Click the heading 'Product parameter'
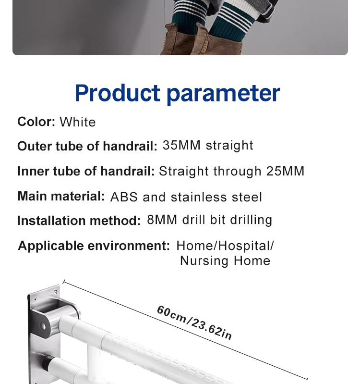pos(177,93)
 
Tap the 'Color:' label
pos(36,122)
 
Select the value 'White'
pos(78,122)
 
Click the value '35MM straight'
pos(208,146)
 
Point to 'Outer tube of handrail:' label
pos(87,146)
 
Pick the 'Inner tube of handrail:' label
pos(86,171)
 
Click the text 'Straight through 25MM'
pos(232,171)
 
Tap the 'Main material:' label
pos(61,196)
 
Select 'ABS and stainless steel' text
pos(186,197)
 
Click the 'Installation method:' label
pos(79,221)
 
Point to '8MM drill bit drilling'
pos(210,220)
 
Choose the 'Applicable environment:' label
pos(94,246)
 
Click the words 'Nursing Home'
pos(225,261)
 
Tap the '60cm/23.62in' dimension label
pos(194,322)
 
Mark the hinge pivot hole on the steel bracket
pos(43,326)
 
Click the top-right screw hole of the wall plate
pos(56,292)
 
